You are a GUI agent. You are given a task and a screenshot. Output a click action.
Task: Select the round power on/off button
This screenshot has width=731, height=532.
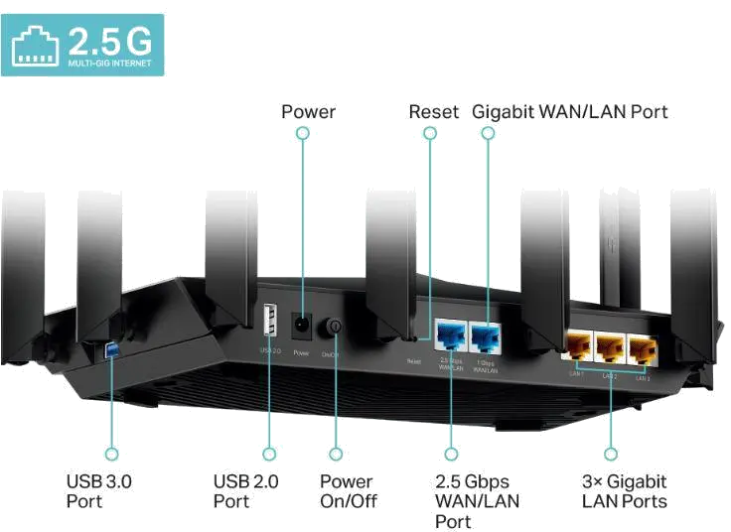(336, 327)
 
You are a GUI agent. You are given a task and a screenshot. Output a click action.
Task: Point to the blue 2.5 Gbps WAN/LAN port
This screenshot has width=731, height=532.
(451, 336)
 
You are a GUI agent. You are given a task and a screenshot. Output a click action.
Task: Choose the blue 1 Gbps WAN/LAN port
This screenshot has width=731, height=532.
(487, 336)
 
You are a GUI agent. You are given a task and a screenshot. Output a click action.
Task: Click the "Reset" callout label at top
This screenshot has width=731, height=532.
(433, 111)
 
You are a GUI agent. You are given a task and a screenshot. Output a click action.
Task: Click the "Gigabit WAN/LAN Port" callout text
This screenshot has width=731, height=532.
(570, 111)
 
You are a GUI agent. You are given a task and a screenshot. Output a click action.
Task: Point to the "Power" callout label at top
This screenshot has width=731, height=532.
(307, 111)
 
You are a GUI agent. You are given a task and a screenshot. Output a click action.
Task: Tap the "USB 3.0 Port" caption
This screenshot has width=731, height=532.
(99, 491)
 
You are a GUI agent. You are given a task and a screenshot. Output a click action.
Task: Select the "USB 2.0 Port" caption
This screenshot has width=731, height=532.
(246, 491)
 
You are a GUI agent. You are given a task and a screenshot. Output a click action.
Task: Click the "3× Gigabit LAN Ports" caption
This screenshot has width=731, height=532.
(624, 491)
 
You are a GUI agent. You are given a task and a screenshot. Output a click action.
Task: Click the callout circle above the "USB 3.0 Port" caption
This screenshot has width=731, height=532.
(111, 454)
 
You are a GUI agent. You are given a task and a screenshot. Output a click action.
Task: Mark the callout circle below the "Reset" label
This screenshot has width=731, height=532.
(429, 133)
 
